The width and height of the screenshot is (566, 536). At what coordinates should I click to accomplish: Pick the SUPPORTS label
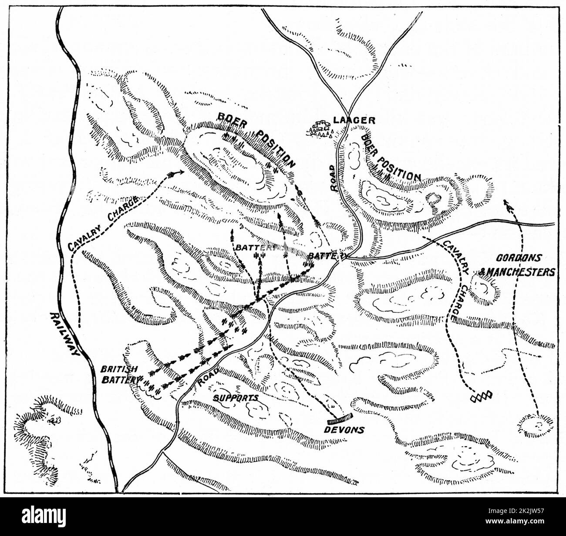236,397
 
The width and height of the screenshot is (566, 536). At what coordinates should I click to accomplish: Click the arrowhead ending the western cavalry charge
176,173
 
